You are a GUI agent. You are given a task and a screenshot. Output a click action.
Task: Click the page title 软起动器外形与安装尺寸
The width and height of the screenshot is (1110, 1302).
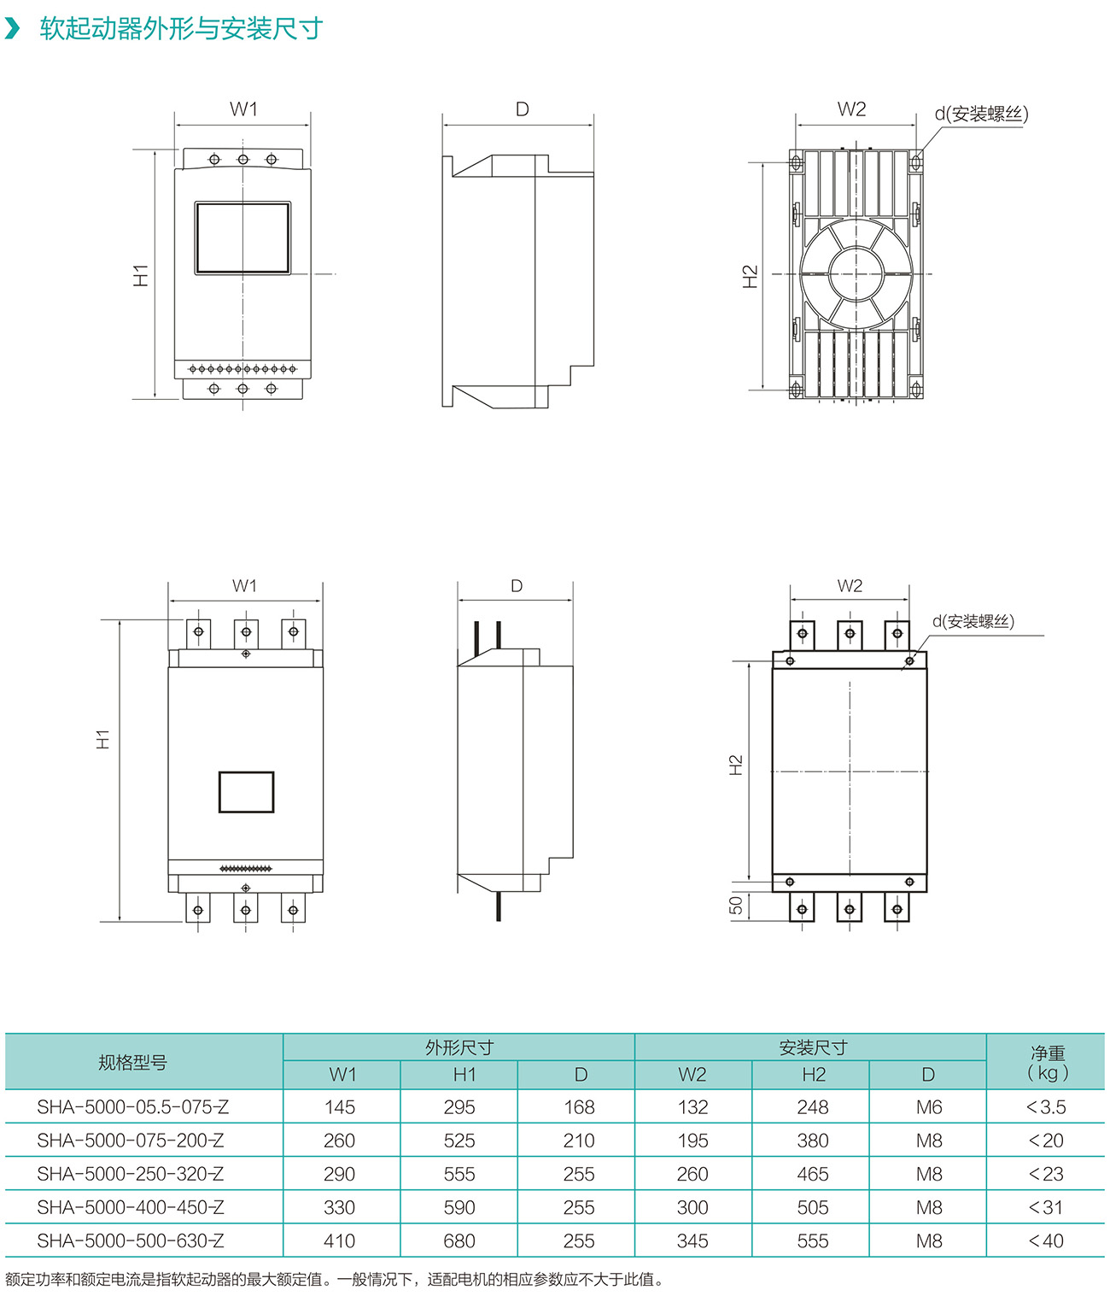tap(181, 28)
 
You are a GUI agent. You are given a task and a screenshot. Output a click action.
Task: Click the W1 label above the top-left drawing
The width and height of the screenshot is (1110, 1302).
tap(243, 109)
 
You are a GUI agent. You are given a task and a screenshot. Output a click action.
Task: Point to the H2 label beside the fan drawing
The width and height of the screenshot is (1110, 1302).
tap(751, 276)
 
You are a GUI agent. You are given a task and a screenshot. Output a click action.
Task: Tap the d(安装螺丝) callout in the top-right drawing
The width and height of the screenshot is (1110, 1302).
tap(981, 114)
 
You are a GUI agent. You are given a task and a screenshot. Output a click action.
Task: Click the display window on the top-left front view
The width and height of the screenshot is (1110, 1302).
tap(242, 238)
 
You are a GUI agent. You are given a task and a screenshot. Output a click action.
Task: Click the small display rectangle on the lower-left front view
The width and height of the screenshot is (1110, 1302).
tap(246, 792)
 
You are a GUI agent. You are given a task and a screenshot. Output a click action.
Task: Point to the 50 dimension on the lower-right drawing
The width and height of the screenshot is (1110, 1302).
tap(736, 905)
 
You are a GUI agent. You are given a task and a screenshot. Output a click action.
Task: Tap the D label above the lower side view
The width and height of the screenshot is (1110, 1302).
tap(517, 586)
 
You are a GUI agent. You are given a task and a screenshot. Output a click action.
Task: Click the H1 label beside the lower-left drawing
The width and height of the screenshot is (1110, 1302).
tap(103, 740)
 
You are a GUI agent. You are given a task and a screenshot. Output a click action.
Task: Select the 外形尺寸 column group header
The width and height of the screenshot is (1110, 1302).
tap(459, 1047)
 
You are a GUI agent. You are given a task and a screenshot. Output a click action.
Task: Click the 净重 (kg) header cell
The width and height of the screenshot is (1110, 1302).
tap(1047, 1063)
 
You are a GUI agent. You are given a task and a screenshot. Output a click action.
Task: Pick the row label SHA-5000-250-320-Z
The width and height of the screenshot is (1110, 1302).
tap(131, 1174)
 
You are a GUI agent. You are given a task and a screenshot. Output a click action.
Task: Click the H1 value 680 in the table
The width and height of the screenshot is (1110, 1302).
tap(459, 1240)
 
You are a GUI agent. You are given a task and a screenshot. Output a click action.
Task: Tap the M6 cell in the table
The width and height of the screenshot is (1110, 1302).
tap(929, 1107)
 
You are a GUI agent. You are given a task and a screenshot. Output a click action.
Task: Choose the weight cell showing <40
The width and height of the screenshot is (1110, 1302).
tap(1046, 1240)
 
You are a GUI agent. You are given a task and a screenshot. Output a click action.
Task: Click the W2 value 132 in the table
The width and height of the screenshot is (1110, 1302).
tap(692, 1107)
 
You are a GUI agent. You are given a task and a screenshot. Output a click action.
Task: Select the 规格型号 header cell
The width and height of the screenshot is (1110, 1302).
tap(132, 1063)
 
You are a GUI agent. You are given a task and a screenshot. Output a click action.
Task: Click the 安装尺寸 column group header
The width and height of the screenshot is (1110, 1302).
tap(813, 1047)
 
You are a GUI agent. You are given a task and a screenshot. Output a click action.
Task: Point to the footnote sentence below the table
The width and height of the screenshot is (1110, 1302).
tap(335, 1280)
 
